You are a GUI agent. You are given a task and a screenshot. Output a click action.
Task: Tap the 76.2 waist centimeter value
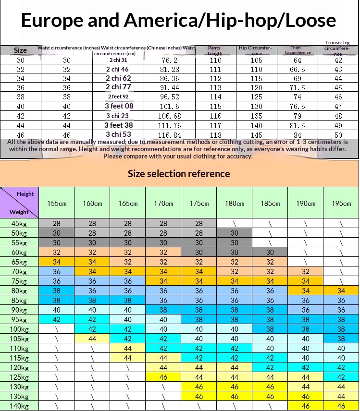point(170,60)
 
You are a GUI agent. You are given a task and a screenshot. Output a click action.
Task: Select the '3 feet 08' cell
point(119,106)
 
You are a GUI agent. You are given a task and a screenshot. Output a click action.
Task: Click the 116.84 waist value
point(170,135)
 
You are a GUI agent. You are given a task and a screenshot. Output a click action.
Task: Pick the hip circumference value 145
point(256,135)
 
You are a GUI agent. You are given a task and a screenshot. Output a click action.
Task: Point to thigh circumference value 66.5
point(298,70)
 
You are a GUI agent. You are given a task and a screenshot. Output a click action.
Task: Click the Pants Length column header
point(215,50)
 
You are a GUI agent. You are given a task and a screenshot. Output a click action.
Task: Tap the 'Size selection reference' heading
point(179,173)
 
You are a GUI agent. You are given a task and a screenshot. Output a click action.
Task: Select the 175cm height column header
point(199,203)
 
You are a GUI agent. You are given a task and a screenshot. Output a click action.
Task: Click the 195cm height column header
point(341,203)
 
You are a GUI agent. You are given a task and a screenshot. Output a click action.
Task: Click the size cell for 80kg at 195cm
point(341,291)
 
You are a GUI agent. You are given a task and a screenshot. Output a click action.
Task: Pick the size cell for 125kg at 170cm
point(163,377)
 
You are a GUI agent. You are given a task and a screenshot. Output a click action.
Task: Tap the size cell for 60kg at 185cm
point(270,253)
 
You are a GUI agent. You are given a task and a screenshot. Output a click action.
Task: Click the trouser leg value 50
point(338,135)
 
